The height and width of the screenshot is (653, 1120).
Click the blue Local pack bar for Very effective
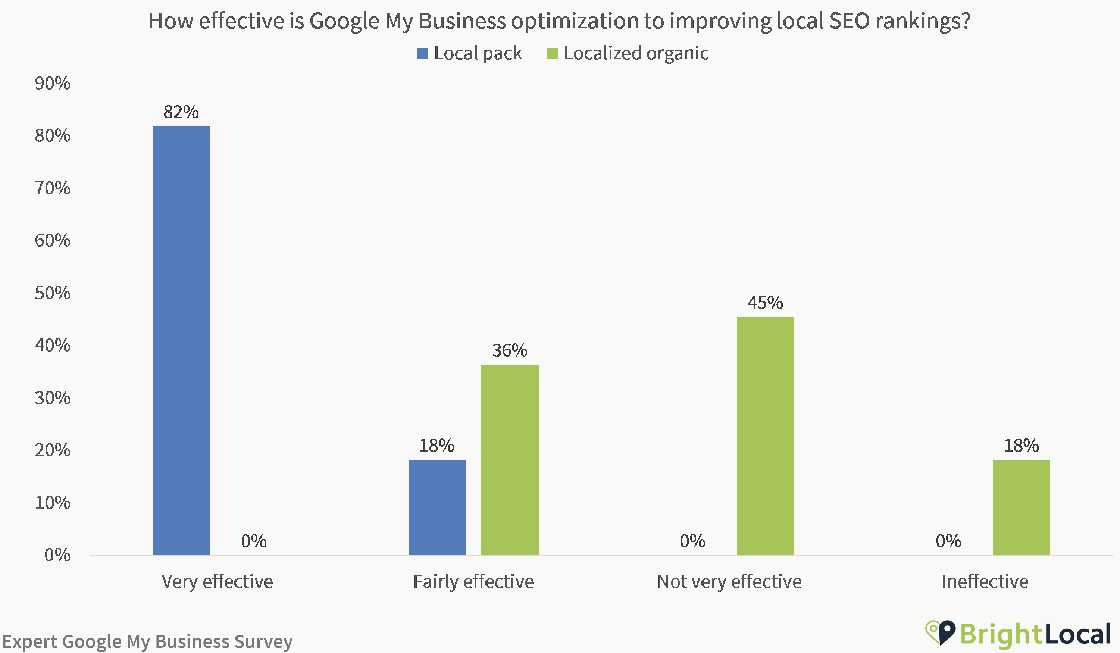[x=181, y=341]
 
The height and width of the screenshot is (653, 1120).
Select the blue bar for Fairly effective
[x=437, y=507]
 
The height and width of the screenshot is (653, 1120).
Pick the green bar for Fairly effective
[x=510, y=460]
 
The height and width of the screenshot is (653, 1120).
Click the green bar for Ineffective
[x=1022, y=507]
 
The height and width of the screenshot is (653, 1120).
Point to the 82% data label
[x=181, y=112]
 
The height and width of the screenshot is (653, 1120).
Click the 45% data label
[x=765, y=303]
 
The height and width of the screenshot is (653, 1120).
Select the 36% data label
[x=510, y=351]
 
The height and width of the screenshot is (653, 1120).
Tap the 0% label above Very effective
[x=254, y=541]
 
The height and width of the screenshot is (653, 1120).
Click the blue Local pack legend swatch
[x=422, y=54]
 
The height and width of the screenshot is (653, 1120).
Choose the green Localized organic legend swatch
[x=552, y=54]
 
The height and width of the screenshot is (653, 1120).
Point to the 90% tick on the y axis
[x=53, y=84]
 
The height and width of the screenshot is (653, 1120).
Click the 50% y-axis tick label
[x=53, y=293]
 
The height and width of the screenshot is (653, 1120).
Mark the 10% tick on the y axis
[x=53, y=503]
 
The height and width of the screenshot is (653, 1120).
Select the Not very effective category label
[x=729, y=581]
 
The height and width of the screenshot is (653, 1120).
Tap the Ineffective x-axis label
[x=985, y=581]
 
